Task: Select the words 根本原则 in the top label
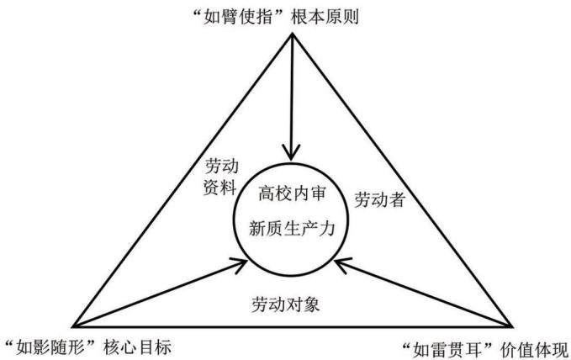coord(325,17)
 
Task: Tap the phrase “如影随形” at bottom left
coord(51,347)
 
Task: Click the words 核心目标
coord(137,347)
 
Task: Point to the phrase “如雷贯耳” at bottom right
coord(448,351)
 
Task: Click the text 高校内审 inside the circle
coord(292,193)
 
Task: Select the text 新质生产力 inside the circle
coord(292,229)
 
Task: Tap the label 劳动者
coord(380,199)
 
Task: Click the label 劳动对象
coord(286,304)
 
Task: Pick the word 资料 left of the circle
coord(220,188)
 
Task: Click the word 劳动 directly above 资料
coord(222,167)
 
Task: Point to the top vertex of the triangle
coord(292,34)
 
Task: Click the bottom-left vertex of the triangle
coord(73,326)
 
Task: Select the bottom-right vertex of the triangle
coord(511,326)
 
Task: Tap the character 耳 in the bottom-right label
coord(474,351)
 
